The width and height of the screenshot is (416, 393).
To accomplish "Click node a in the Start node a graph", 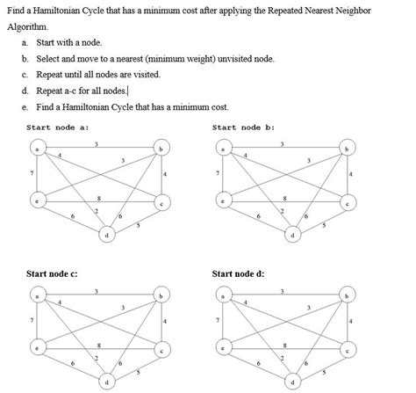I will coord(34,149).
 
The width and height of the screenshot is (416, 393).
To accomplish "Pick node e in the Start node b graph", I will coord(223,201).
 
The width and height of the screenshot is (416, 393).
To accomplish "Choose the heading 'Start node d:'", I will coord(238,274).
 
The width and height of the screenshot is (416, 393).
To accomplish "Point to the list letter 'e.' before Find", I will coord(25,106).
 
